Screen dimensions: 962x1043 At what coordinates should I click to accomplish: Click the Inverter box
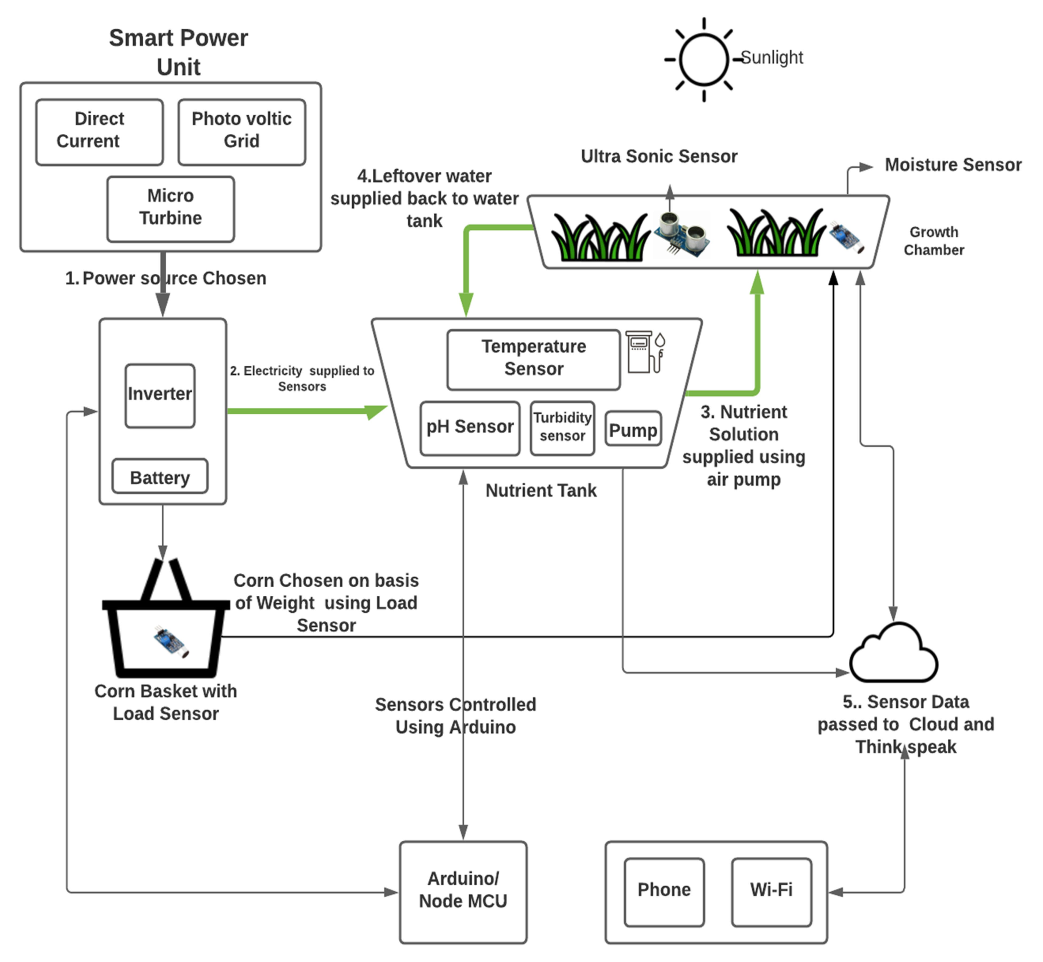click(x=160, y=396)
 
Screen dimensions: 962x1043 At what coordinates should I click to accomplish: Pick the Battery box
click(x=160, y=476)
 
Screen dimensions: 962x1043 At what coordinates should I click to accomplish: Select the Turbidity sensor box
click(x=562, y=428)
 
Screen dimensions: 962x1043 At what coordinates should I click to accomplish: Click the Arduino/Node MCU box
click(x=463, y=892)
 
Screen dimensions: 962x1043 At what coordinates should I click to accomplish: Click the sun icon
click(x=704, y=59)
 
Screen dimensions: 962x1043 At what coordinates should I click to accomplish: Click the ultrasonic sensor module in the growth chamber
click(x=681, y=234)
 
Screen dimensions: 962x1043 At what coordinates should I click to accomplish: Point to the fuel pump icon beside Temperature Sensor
click(x=644, y=352)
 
